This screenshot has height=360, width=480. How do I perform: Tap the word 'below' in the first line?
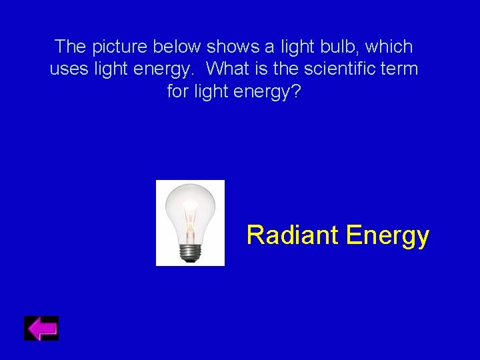[178, 47]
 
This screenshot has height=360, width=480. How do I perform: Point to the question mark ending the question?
[296, 91]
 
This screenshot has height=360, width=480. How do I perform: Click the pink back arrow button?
[41, 329]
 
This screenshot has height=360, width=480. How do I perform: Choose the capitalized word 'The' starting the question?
[70, 47]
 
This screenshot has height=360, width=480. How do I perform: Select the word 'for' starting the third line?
[178, 91]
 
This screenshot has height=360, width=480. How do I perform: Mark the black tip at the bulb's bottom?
[190, 261]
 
